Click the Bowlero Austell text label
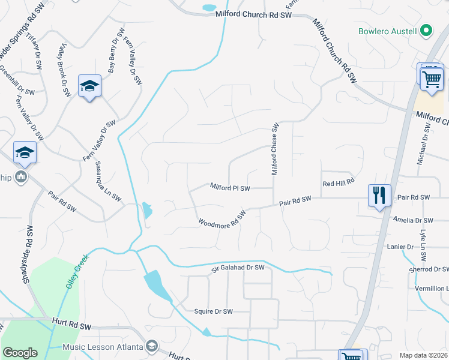point(388,30)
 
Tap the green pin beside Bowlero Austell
point(426,30)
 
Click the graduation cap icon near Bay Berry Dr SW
point(89,87)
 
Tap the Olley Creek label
point(77,270)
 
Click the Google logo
point(20,353)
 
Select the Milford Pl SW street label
point(230,188)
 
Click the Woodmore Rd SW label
point(223,218)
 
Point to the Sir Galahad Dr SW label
point(238,268)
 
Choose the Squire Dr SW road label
point(213,311)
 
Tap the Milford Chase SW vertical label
point(275,149)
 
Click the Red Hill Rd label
point(339,182)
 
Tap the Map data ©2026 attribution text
point(424,355)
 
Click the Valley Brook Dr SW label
point(64,71)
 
